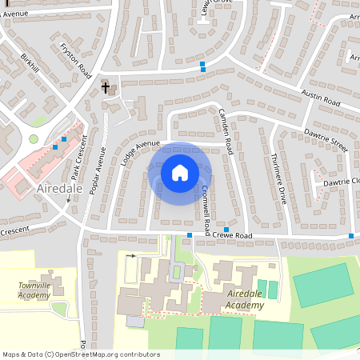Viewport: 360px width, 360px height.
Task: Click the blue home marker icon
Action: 179,172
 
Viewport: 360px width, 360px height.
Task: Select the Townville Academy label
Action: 39,289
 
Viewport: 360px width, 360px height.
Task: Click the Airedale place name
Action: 60,189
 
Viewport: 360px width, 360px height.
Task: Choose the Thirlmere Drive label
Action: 278,179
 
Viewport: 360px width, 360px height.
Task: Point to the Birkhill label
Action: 30,64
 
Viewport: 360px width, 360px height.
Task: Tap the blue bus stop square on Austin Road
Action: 203,66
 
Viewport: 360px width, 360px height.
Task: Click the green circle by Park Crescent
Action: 34,139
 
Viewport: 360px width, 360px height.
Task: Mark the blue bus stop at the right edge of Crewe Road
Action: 351,235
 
